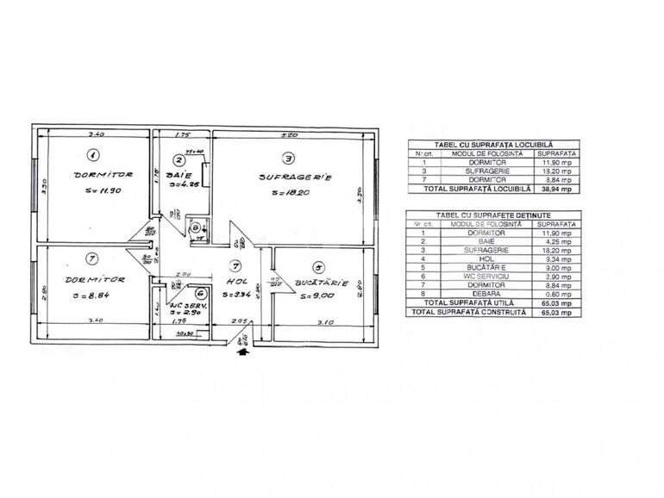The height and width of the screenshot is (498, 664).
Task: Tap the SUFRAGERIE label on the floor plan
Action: [x=296, y=177]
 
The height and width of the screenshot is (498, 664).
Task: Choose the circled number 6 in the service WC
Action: [x=201, y=294]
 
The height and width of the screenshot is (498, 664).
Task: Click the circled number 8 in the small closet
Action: [x=196, y=228]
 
